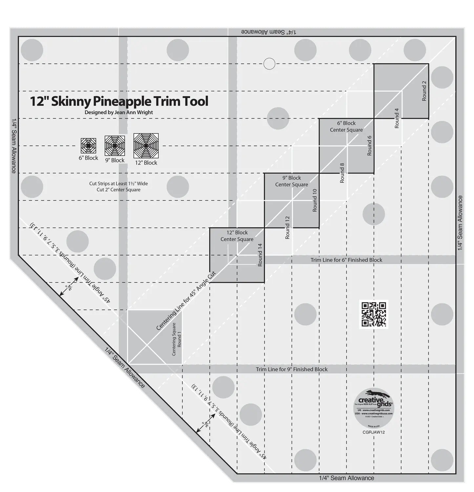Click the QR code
(374, 314)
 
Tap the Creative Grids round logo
(374, 407)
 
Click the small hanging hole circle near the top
(269, 64)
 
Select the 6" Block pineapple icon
(88, 146)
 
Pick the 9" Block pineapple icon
(115, 146)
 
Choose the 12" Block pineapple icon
(146, 146)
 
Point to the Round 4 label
(397, 118)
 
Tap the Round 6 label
(369, 145)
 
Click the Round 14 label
(260, 255)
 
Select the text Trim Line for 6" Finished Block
(346, 260)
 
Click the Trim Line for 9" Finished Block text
(292, 369)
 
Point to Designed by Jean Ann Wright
(119, 112)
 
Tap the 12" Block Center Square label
(237, 236)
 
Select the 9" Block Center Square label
(292, 181)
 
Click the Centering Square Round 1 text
(176, 339)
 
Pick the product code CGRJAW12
(374, 432)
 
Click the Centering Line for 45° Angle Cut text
(186, 301)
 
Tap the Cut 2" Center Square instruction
(118, 190)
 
